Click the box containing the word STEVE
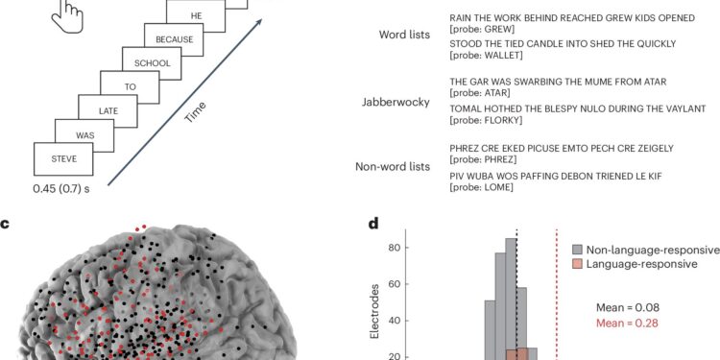64,157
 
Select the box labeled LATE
108,111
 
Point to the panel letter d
373,225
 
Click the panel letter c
6,225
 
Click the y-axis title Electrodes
383,299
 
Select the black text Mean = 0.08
631,308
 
